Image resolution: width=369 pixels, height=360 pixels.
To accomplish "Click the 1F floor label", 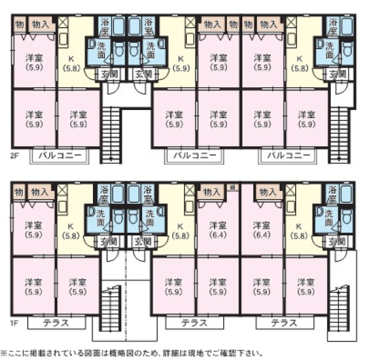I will point(14,321).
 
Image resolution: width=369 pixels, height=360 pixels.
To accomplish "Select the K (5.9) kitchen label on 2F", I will point(181,63).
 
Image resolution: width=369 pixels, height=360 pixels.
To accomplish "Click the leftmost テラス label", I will point(55,322).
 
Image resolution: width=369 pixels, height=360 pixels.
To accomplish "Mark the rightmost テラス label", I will point(284,322).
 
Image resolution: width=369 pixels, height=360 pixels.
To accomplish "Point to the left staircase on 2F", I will point(110,134).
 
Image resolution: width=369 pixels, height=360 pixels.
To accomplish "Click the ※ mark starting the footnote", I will point(4,354).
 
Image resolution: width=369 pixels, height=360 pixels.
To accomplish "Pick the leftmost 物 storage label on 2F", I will point(19,25).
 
